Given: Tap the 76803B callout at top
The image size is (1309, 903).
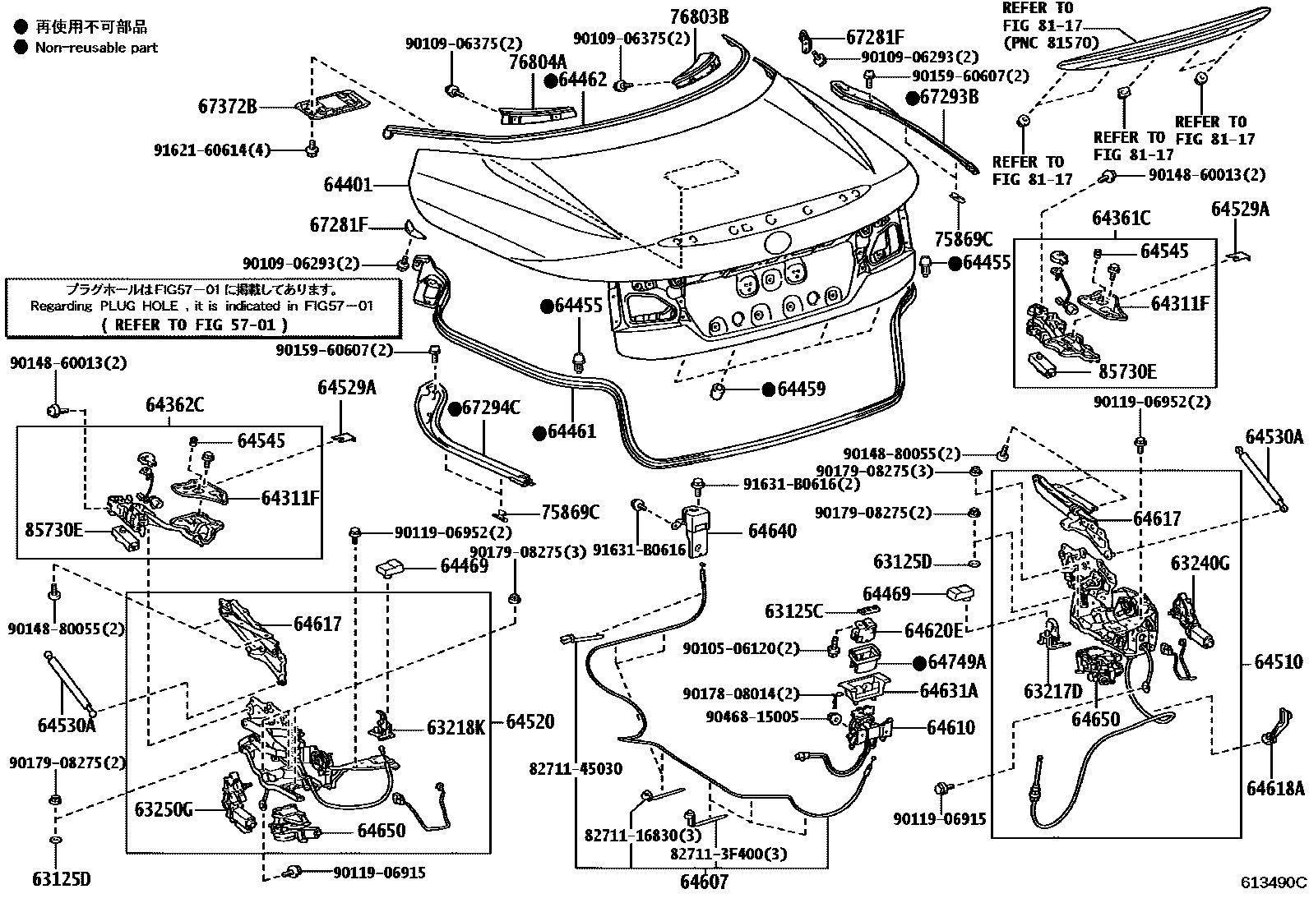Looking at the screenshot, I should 699,16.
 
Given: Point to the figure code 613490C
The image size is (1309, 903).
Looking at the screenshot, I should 1273,883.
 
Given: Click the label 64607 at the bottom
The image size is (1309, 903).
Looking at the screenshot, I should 704,883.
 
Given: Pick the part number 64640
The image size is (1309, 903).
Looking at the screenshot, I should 771,531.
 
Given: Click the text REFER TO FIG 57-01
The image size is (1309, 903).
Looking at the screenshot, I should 195,325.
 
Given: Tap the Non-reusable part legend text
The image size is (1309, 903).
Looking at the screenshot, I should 96,48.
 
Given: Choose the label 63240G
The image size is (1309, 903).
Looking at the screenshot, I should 1200,564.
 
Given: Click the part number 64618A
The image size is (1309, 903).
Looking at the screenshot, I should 1275,789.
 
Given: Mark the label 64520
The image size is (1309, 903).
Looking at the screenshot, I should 530,722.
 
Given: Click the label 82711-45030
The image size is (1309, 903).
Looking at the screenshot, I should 576,770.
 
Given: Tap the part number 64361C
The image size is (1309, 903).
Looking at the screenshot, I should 1121,219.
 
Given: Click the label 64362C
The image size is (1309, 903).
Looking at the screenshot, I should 175,405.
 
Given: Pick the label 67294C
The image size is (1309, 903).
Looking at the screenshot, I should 490,408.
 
